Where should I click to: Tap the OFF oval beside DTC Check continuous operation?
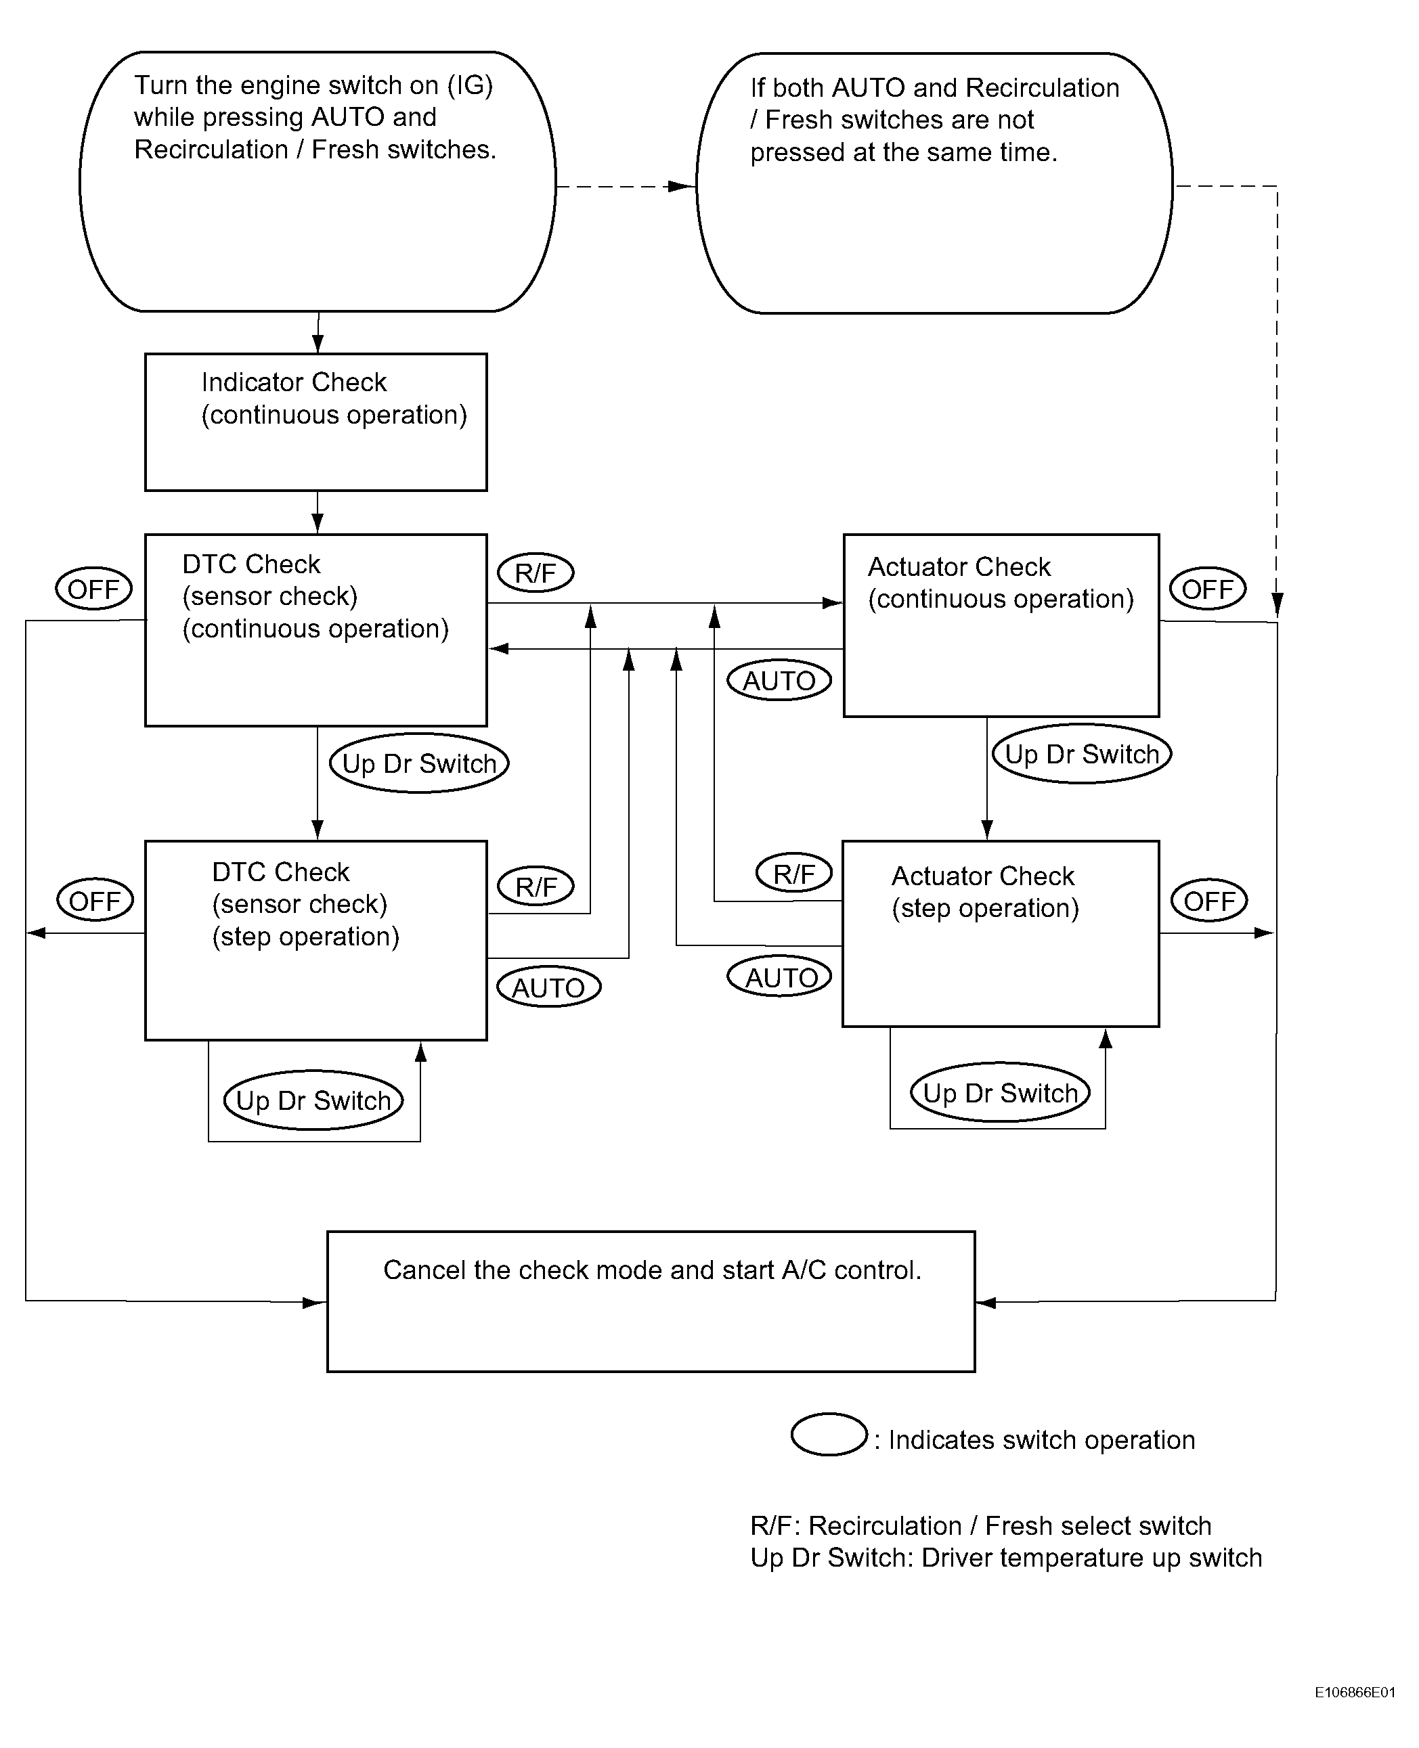point(94,588)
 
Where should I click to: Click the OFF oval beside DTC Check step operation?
point(95,901)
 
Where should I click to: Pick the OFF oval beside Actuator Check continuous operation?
point(1207,588)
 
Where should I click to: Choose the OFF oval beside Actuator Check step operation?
point(1209,901)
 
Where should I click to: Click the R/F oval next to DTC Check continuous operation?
point(536,572)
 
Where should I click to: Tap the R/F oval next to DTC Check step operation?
point(536,886)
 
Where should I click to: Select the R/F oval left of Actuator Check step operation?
point(793,873)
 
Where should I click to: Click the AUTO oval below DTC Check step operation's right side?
point(548,987)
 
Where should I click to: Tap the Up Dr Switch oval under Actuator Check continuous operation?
point(1081,753)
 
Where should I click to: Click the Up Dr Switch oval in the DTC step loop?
point(313,1100)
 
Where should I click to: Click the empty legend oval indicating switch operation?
point(829,1434)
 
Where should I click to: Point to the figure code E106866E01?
point(1355,1693)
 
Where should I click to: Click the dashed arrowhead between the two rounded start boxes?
point(682,186)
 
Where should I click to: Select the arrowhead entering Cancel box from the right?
point(986,1302)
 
